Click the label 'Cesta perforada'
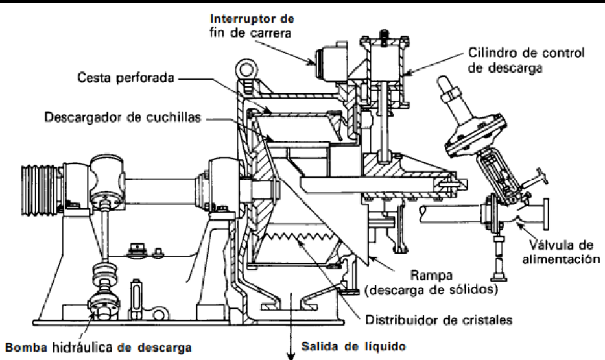[125, 78]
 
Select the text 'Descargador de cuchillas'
[123, 117]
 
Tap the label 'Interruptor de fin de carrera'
[252, 26]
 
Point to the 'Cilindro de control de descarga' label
[527, 60]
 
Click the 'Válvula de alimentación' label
[561, 252]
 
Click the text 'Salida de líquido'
[353, 346]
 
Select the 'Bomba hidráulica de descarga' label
[99, 347]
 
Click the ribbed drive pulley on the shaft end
[41, 190]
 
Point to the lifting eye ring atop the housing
[245, 69]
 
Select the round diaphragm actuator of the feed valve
[475, 133]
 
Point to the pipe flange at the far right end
[545, 214]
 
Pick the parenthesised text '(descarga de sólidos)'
[431, 289]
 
